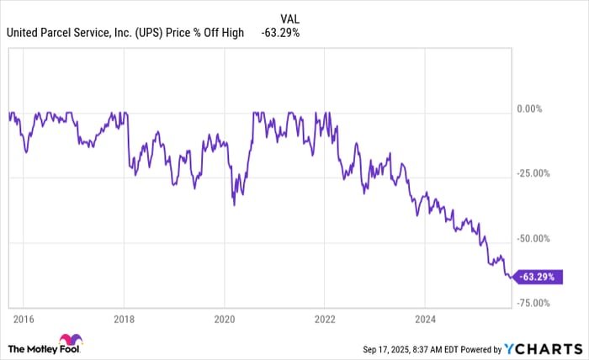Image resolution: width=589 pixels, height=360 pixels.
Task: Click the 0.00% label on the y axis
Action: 529,109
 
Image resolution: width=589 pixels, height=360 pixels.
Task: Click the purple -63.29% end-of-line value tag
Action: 539,276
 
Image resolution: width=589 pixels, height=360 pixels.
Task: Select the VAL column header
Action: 289,17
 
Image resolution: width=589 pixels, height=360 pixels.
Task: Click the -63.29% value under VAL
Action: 281,33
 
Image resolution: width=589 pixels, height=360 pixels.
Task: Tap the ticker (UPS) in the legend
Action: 162,33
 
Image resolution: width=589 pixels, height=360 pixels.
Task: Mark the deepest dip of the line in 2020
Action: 234,204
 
